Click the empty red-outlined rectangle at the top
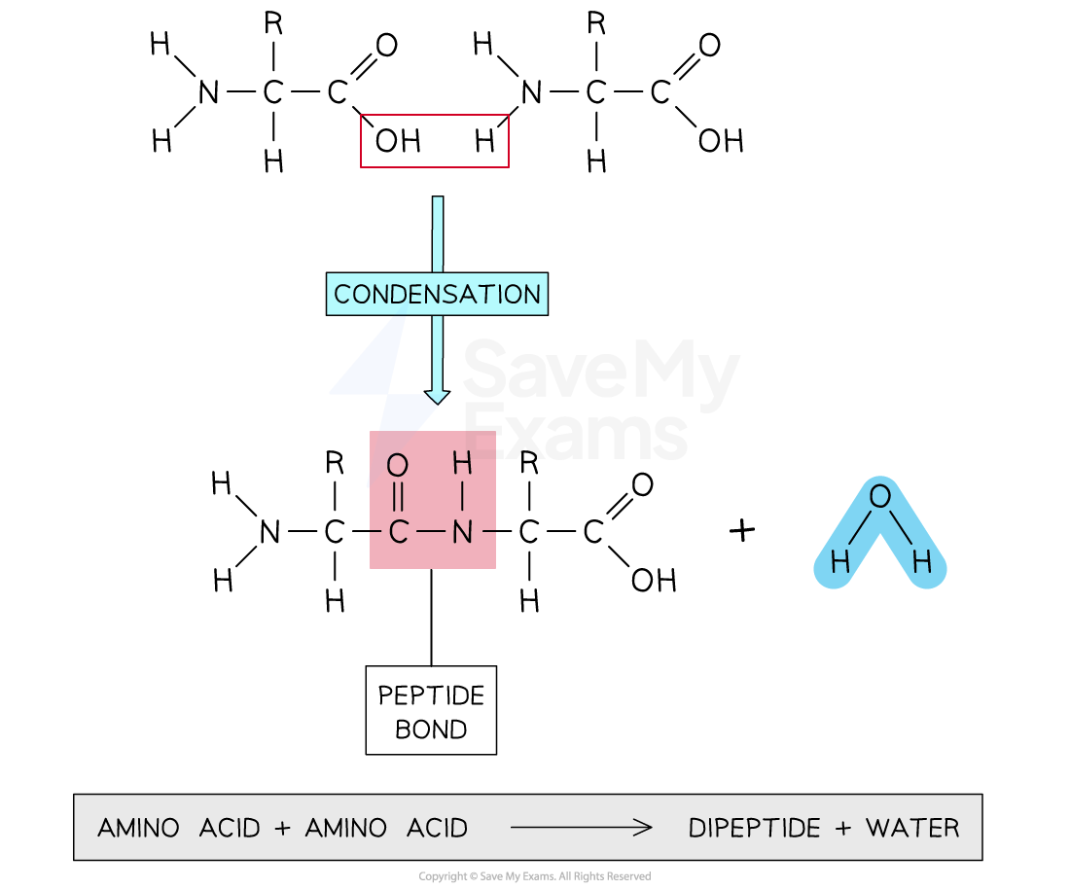tap(434, 141)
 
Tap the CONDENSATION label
tap(437, 294)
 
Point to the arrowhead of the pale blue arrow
tap(437, 396)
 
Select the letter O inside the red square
tap(397, 466)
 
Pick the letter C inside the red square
tap(398, 532)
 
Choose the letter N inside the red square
tap(462, 532)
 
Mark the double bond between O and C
tap(397, 499)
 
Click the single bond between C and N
tap(430, 532)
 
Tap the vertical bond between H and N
tap(462, 498)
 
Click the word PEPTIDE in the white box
tap(431, 696)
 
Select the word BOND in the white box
tap(431, 730)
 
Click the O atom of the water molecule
tap(879, 497)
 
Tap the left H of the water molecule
tap(838, 562)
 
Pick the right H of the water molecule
tap(921, 562)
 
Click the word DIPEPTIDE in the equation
tap(753, 829)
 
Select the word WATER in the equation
tap(912, 829)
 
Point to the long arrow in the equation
tap(581, 829)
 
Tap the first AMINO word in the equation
tap(138, 829)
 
